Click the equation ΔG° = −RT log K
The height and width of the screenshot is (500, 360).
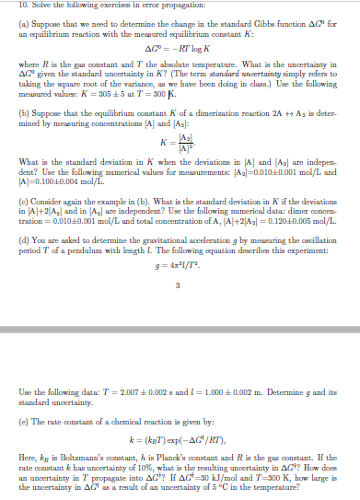coord(180,48)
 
